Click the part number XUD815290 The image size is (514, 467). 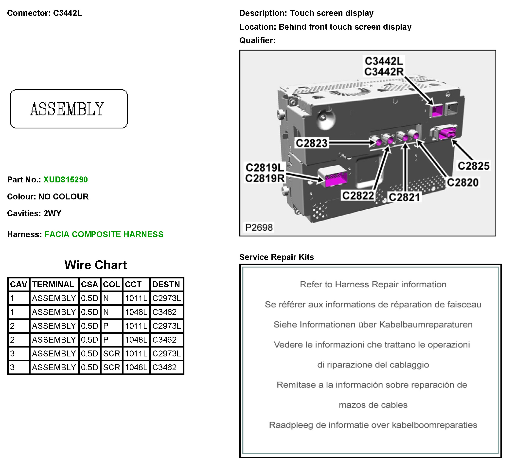[66, 180]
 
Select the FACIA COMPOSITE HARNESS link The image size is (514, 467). [104, 234]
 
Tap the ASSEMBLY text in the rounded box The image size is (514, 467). [67, 109]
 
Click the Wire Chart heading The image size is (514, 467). [96, 265]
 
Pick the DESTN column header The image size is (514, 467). [166, 284]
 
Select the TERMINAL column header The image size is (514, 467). [53, 284]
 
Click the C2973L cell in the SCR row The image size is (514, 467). [166, 354]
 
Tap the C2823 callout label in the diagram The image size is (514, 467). [311, 143]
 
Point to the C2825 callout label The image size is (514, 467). [474, 166]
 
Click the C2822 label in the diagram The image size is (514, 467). [358, 196]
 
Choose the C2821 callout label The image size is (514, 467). [404, 197]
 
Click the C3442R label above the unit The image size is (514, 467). [384, 72]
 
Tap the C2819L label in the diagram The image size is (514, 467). [265, 168]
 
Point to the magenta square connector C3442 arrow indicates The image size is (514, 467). [438, 111]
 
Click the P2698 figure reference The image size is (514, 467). [259, 228]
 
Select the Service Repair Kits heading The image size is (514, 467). [277, 257]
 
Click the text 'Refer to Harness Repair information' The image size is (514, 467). [373, 284]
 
